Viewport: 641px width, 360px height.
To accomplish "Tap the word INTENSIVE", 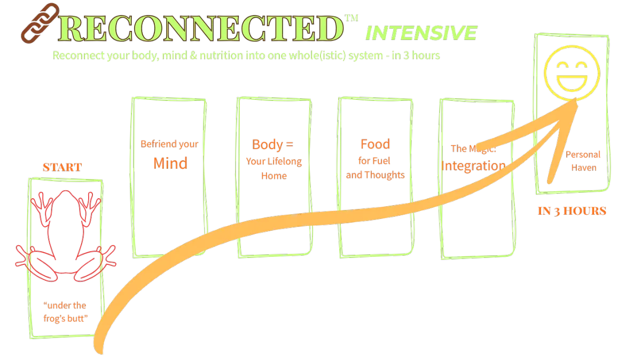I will (420, 34).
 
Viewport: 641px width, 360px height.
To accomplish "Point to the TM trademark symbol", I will (351, 18).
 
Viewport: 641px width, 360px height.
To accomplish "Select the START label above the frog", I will (62, 168).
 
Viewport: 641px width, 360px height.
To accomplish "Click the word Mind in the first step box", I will (170, 163).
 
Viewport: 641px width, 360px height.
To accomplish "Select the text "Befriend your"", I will (169, 144).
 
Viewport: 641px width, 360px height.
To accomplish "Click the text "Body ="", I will (273, 144).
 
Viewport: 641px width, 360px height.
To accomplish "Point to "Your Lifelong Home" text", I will (273, 168).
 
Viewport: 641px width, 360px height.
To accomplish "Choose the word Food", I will (375, 144).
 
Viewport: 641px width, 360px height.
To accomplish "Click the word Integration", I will (473, 166).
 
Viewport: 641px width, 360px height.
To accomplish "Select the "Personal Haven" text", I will (583, 161).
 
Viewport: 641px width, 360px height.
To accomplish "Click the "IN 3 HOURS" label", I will (572, 212).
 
